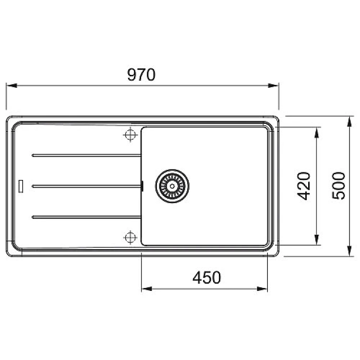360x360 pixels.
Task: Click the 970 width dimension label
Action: (x=142, y=74)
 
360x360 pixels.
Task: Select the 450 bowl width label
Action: (x=206, y=277)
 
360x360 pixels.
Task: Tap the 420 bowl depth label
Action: (x=303, y=186)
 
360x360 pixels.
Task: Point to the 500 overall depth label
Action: (x=338, y=186)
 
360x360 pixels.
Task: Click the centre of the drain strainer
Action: (x=172, y=186)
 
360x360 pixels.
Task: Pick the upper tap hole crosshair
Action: (x=131, y=134)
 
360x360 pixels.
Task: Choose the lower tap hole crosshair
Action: (x=131, y=238)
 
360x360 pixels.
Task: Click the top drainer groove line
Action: (x=86, y=156)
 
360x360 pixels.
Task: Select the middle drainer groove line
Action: (x=86, y=186)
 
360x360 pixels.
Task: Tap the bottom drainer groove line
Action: (x=86, y=217)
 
